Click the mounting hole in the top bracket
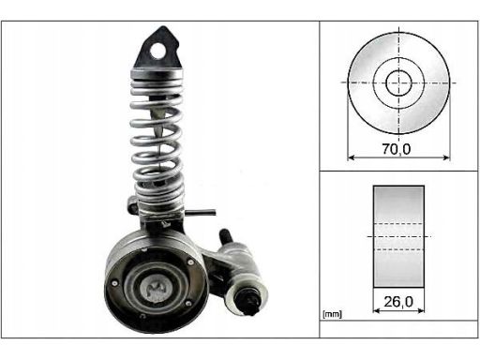(x=158, y=51)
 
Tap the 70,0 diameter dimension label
(x=397, y=149)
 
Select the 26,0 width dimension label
(x=398, y=302)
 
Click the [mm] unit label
(x=332, y=314)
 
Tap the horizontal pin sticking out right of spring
(x=201, y=212)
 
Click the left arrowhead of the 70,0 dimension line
(x=351, y=157)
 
